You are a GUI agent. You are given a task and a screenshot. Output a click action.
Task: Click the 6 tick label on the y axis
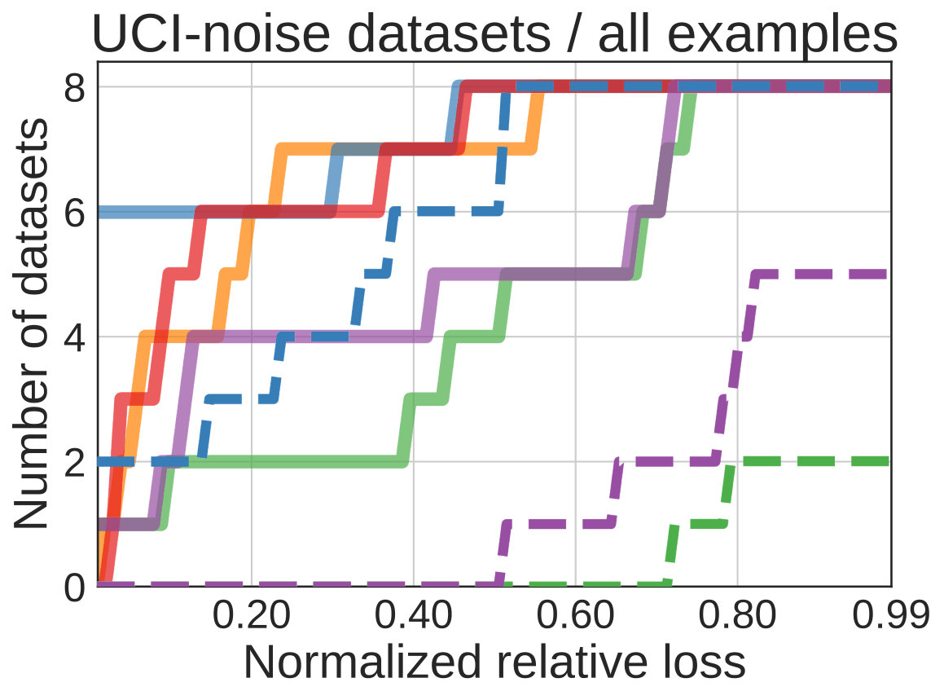tap(75, 213)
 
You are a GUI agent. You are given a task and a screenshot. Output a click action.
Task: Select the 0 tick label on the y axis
tap(75, 587)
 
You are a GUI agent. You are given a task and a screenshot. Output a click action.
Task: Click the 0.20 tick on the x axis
tap(252, 616)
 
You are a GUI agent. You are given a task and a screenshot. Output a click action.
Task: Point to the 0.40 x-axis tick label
tap(414, 616)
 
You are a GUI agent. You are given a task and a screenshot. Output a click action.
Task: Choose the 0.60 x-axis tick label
tap(576, 616)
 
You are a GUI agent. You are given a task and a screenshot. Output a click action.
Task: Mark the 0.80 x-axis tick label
tap(737, 616)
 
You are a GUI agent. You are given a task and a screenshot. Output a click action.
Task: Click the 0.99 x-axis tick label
tap(891, 616)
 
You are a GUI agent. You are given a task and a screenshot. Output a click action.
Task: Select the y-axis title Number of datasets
tap(30, 324)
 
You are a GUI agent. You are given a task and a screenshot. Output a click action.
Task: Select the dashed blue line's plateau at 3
tap(241, 398)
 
